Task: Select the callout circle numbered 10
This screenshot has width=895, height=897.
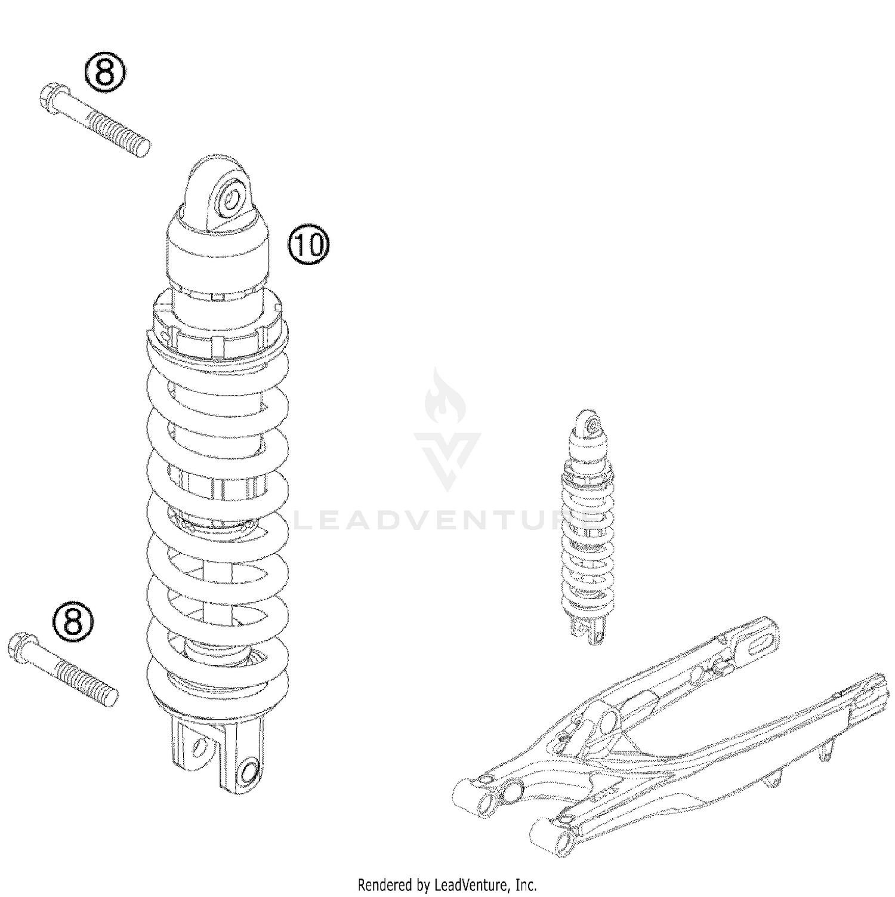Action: (308, 245)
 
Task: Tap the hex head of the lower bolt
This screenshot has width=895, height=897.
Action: (19, 646)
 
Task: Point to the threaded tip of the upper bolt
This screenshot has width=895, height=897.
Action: (142, 146)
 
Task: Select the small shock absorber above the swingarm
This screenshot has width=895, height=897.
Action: (587, 525)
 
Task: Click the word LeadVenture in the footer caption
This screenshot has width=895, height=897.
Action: (470, 884)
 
